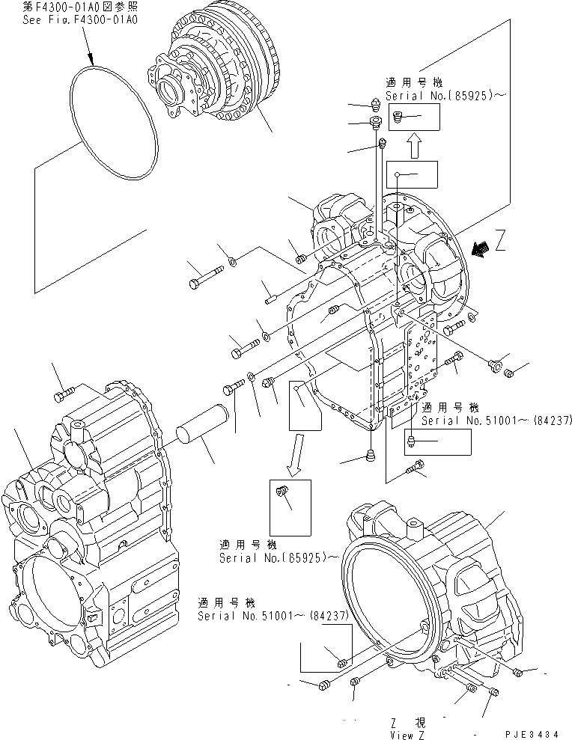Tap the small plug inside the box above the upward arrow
coord(398,116)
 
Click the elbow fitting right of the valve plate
coord(493,364)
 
